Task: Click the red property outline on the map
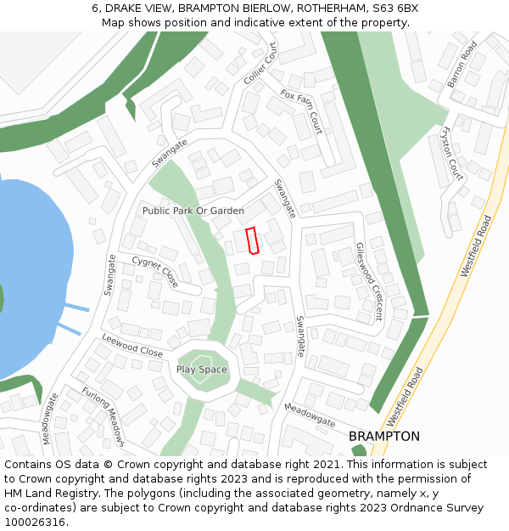[251, 240]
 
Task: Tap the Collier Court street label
[260, 63]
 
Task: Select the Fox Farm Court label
[301, 112]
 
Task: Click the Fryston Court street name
[452, 153]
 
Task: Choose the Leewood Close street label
[132, 346]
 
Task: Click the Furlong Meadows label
[103, 416]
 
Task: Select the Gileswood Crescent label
[369, 281]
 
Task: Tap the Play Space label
[202, 370]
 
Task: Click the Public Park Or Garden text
[193, 211]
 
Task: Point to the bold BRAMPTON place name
[384, 436]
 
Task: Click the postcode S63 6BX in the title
[394, 8]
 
